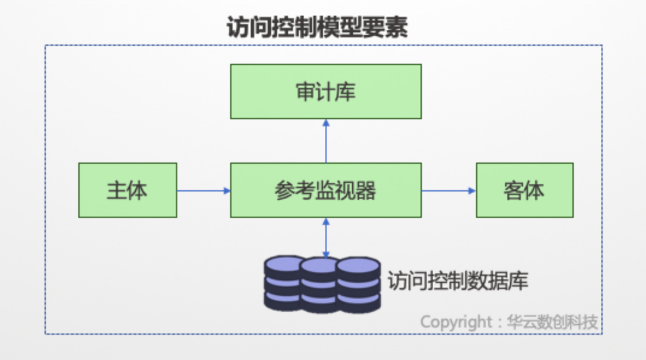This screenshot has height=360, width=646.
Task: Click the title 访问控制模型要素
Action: (317, 27)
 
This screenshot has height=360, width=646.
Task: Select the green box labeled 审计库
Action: (326, 91)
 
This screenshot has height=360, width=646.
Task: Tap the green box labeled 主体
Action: (128, 190)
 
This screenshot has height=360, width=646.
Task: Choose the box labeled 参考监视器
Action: (326, 190)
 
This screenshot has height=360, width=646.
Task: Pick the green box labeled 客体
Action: (525, 190)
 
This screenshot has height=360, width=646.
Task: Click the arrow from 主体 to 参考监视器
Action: (203, 191)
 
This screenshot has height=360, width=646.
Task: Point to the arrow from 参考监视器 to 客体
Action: (449, 191)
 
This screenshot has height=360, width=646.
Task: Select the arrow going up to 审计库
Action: (326, 141)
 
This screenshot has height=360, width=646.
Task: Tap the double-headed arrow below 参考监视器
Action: (326, 238)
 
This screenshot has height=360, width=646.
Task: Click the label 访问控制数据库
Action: (458, 281)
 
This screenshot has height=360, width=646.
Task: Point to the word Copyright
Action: (456, 322)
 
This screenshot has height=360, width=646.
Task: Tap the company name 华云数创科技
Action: (552, 322)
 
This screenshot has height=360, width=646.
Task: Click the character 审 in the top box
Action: (306, 91)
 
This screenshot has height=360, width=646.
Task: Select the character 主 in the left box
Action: (117, 190)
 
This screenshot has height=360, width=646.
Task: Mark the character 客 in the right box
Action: (514, 190)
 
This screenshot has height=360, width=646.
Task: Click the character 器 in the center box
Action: (366, 190)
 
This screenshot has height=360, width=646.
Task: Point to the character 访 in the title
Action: (238, 27)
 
